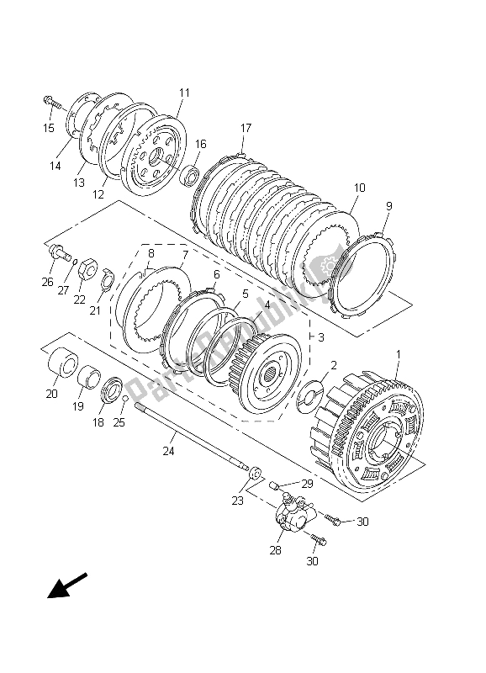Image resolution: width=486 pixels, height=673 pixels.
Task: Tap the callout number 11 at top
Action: pyautogui.click(x=184, y=93)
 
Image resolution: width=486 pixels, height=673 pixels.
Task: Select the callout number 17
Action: pyautogui.click(x=246, y=128)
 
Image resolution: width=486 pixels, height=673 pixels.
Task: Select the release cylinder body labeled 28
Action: pyautogui.click(x=290, y=517)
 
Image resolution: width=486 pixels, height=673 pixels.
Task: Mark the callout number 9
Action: pyautogui.click(x=388, y=205)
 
